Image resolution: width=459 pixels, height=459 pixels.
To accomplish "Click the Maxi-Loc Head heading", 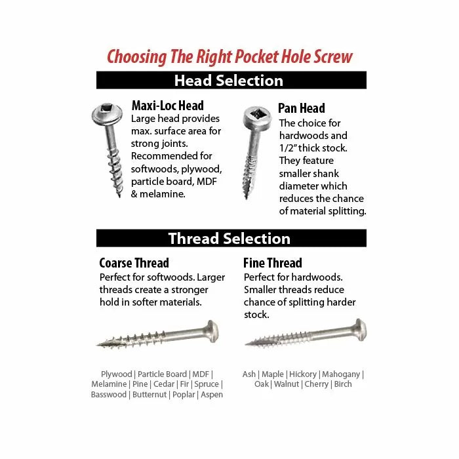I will click(167, 106).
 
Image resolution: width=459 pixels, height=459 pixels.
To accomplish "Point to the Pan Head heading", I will click(301, 108).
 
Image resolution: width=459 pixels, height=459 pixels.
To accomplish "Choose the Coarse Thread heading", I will click(134, 263).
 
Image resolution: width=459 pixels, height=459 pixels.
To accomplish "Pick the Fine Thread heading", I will click(273, 263).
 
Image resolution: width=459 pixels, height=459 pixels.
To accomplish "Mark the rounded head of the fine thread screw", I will click(361, 329).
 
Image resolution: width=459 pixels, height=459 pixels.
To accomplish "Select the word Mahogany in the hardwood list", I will click(342, 374).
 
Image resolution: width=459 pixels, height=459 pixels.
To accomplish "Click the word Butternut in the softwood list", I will click(150, 395).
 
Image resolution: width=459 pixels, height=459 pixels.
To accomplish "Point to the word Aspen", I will click(212, 395).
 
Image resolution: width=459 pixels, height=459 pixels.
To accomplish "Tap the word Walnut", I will click(287, 384).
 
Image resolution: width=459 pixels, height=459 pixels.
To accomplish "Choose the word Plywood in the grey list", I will click(116, 374).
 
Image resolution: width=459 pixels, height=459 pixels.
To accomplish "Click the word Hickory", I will click(302, 374).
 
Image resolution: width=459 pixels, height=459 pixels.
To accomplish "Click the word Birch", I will click(343, 384).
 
